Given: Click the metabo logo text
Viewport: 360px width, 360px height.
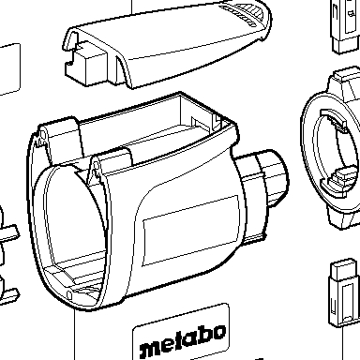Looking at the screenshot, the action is click(183, 341).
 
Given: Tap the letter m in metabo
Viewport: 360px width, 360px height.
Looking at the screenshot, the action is click(150, 350).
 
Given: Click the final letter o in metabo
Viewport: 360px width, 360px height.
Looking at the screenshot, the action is click(218, 332).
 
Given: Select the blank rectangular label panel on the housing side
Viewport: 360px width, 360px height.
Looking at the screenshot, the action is click(191, 231).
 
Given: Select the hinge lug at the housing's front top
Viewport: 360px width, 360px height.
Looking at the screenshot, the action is click(95, 170).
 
